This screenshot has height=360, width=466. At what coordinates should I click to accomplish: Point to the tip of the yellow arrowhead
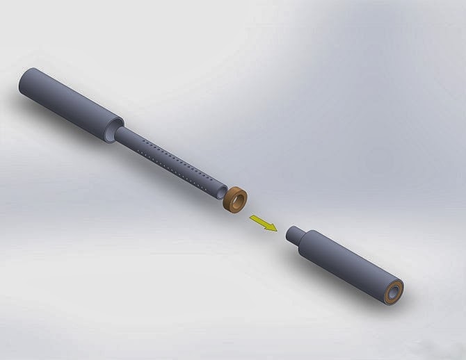(x=276, y=231)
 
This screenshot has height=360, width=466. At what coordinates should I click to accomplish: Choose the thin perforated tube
(x=174, y=162)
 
